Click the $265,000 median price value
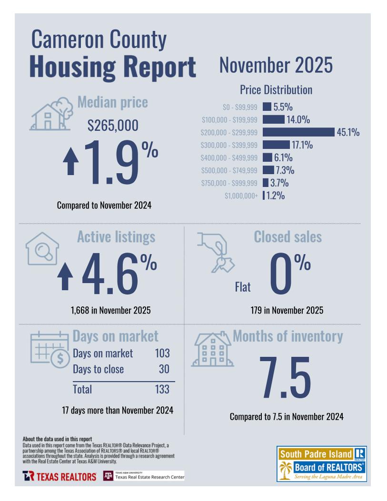pyautogui.click(x=113, y=126)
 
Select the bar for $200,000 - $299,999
pyautogui.click(x=298, y=132)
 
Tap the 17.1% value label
pyautogui.click(x=302, y=145)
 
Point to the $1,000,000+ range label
pyautogui.click(x=241, y=196)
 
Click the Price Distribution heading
pyautogui.click(x=276, y=90)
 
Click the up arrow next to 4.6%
pyautogui.click(x=66, y=277)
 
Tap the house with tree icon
pyautogui.click(x=49, y=114)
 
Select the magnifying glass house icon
pyautogui.click(x=42, y=248)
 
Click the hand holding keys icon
pyautogui.click(x=215, y=252)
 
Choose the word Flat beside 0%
pyautogui.click(x=243, y=287)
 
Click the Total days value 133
pyautogui.click(x=162, y=389)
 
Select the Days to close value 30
pyautogui.click(x=164, y=369)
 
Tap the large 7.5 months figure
pyautogui.click(x=285, y=378)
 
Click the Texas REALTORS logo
pyautogui.click(x=59, y=476)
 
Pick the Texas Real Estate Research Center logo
pyautogui.click(x=143, y=476)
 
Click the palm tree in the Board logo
pyautogui.click(x=286, y=471)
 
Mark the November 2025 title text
pyautogui.click(x=276, y=65)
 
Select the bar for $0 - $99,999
pyautogui.click(x=267, y=107)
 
